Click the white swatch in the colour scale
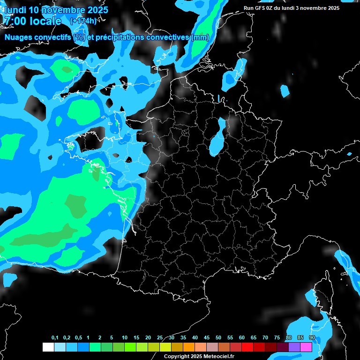(x=48, y=347)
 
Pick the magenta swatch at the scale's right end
(x=306, y=347)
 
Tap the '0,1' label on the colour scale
(x=55, y=338)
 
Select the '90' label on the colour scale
(x=312, y=338)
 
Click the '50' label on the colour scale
(x=218, y=338)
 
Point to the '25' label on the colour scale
(x=160, y=338)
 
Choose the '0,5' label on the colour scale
(x=78, y=338)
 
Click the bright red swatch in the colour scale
(x=247, y=347)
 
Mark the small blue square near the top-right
(x=285, y=91)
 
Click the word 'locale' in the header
(x=45, y=21)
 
